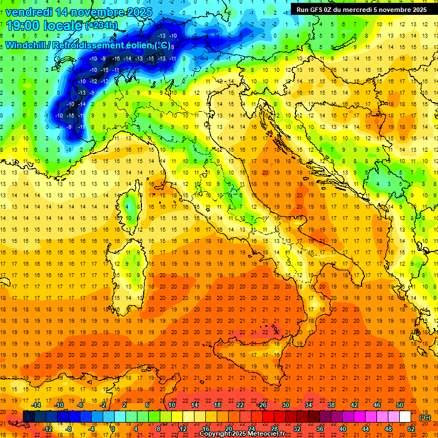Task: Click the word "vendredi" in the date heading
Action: [28, 12]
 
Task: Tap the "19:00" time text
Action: [22, 25]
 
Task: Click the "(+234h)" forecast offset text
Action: [102, 25]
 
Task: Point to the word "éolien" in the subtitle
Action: [135, 45]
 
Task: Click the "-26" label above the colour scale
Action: [262, 405]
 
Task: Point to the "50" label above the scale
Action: [399, 405]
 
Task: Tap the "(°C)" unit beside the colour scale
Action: [425, 417]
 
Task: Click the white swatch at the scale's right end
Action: [405, 417]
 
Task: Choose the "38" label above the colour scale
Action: [331, 405]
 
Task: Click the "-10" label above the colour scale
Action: [58, 405]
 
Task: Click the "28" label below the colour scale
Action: [274, 429]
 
